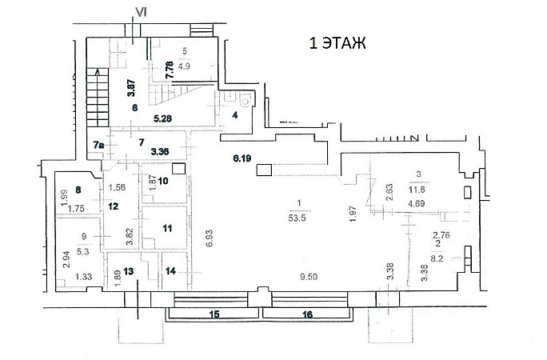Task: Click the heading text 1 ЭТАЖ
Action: [x=337, y=44]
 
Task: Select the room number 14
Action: [x=170, y=270]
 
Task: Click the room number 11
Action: [x=167, y=229]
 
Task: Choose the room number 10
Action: [x=162, y=181]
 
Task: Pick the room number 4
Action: [x=235, y=115]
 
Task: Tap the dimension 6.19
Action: [x=242, y=158]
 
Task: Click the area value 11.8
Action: [x=417, y=190]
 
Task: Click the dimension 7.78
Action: [x=169, y=70]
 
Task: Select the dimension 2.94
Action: [x=64, y=261]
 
